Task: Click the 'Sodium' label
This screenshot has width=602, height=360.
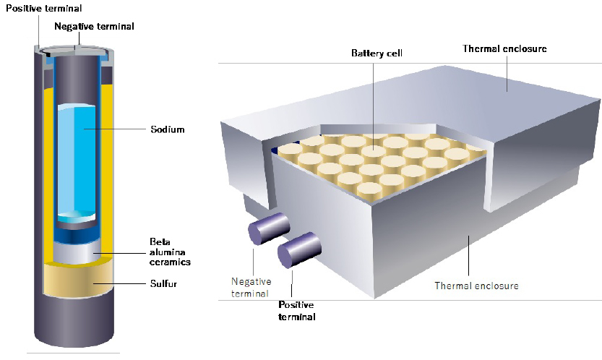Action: point(167,129)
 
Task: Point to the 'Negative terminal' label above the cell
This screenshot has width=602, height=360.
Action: point(95,26)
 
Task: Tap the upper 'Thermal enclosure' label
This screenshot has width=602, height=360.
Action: point(504,48)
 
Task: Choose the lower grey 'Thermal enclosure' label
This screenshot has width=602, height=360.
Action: point(476,285)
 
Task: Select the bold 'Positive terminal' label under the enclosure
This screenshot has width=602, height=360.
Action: point(297,310)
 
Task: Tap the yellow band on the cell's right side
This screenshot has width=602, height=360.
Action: point(108,166)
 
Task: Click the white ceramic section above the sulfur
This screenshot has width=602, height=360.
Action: point(79,253)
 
